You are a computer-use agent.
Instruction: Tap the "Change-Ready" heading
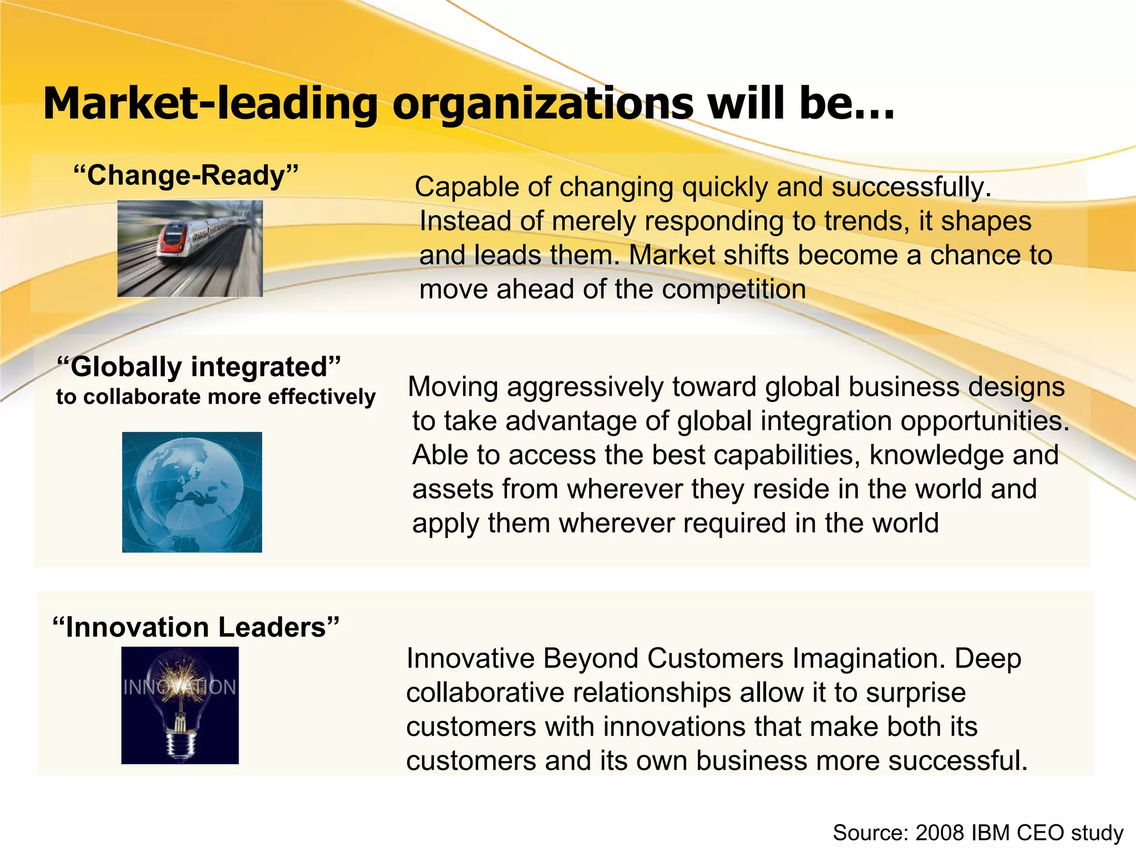186,175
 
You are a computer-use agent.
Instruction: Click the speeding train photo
190,248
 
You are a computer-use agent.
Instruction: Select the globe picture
192,492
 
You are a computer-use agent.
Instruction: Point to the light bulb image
180,705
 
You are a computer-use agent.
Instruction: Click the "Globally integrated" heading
199,367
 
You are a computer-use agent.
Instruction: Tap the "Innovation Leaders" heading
195,627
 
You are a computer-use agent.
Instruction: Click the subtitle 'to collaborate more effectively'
216,397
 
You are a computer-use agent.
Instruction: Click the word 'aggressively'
585,387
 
